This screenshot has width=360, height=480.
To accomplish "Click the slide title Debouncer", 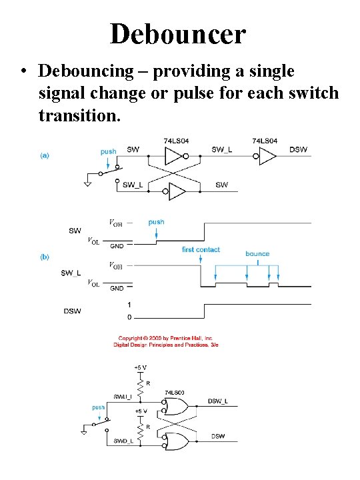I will [x=178, y=33].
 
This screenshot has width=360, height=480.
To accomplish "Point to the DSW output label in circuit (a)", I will [x=298, y=149].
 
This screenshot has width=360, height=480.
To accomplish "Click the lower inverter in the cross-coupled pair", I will [x=177, y=192].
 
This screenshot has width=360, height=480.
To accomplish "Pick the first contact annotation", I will [x=201, y=249].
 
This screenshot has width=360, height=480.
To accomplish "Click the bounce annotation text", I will [x=257, y=253].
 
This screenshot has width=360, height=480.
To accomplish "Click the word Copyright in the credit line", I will [x=133, y=337].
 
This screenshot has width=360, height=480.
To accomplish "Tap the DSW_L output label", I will [x=218, y=400].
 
